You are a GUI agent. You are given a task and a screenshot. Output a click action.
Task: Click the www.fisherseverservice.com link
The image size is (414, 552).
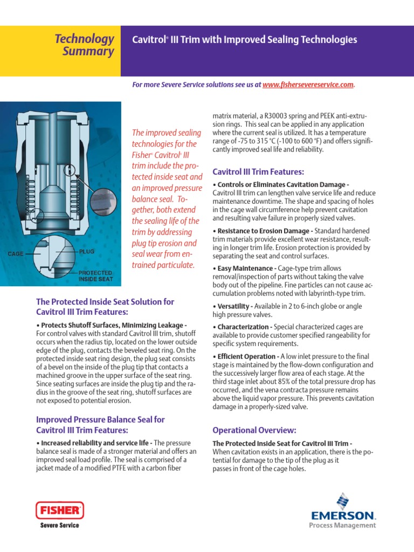click(x=308, y=85)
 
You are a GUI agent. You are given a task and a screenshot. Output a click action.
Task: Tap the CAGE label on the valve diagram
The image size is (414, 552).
click(x=15, y=253)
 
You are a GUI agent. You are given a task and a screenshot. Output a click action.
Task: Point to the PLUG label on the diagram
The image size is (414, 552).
click(x=87, y=252)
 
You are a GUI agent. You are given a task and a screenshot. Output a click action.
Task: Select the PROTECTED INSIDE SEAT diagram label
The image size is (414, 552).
click(x=96, y=276)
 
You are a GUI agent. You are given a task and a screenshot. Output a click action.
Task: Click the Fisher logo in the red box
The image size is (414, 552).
click(x=59, y=509)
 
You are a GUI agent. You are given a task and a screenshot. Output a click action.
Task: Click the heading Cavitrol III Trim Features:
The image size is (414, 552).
click(x=259, y=172)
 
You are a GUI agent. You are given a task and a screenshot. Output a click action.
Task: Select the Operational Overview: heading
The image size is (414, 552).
click(x=254, y=430)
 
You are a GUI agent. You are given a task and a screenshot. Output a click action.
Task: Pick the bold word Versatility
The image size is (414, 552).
click(x=234, y=306)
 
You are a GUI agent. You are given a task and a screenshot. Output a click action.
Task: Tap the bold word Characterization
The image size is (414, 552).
click(x=243, y=327)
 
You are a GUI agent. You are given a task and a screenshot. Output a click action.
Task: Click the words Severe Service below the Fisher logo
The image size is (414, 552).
click(x=60, y=525)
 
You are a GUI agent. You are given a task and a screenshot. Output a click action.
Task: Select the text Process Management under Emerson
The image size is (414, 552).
click(x=342, y=525)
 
